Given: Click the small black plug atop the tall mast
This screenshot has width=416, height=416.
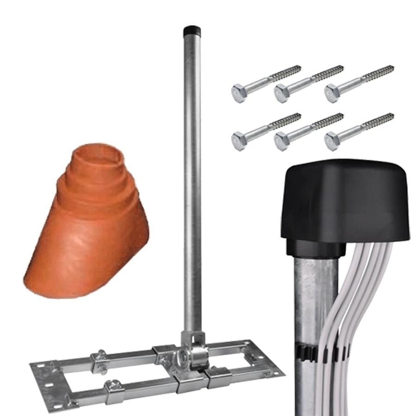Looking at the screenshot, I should point(190,31).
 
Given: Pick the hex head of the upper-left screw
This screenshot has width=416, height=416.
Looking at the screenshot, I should point(239,92).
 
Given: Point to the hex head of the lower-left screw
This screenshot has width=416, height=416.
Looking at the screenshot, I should point(239,140).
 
